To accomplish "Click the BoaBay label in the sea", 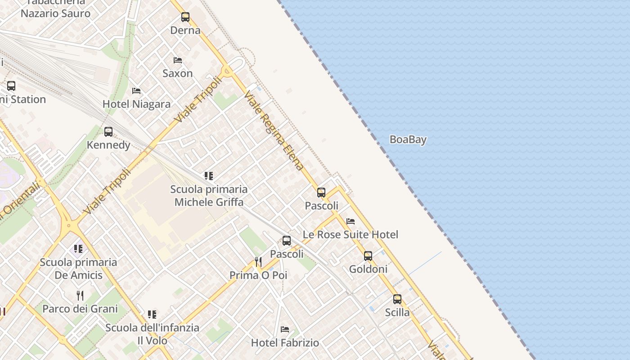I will pyautogui.click(x=408, y=139).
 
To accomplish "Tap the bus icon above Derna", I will pyautogui.click(x=185, y=17).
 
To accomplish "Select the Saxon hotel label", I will pyautogui.click(x=177, y=73).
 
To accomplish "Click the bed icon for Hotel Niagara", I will pyautogui.click(x=136, y=91).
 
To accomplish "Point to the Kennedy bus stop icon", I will pyautogui.click(x=108, y=132).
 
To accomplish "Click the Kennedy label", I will pyautogui.click(x=108, y=145).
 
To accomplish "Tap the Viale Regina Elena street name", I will pyautogui.click(x=274, y=130).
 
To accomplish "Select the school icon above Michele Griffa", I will pyautogui.click(x=208, y=176).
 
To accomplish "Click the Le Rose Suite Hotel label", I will pyautogui.click(x=350, y=234).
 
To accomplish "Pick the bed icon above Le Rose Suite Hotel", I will pyautogui.click(x=351, y=221).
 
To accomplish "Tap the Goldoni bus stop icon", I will pyautogui.click(x=368, y=256).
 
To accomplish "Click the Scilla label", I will pyautogui.click(x=397, y=312).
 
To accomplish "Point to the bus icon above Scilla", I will pyautogui.click(x=397, y=299).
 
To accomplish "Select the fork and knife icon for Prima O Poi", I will pyautogui.click(x=258, y=261).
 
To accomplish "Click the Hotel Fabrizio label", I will pyautogui.click(x=285, y=342).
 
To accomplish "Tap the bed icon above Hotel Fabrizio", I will pyautogui.click(x=285, y=329).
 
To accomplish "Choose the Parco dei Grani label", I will pyautogui.click(x=80, y=309).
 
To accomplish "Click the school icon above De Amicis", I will pyautogui.click(x=78, y=249).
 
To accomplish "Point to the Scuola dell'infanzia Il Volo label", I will pyautogui.click(x=152, y=334).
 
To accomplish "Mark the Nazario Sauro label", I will pyautogui.click(x=55, y=13).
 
